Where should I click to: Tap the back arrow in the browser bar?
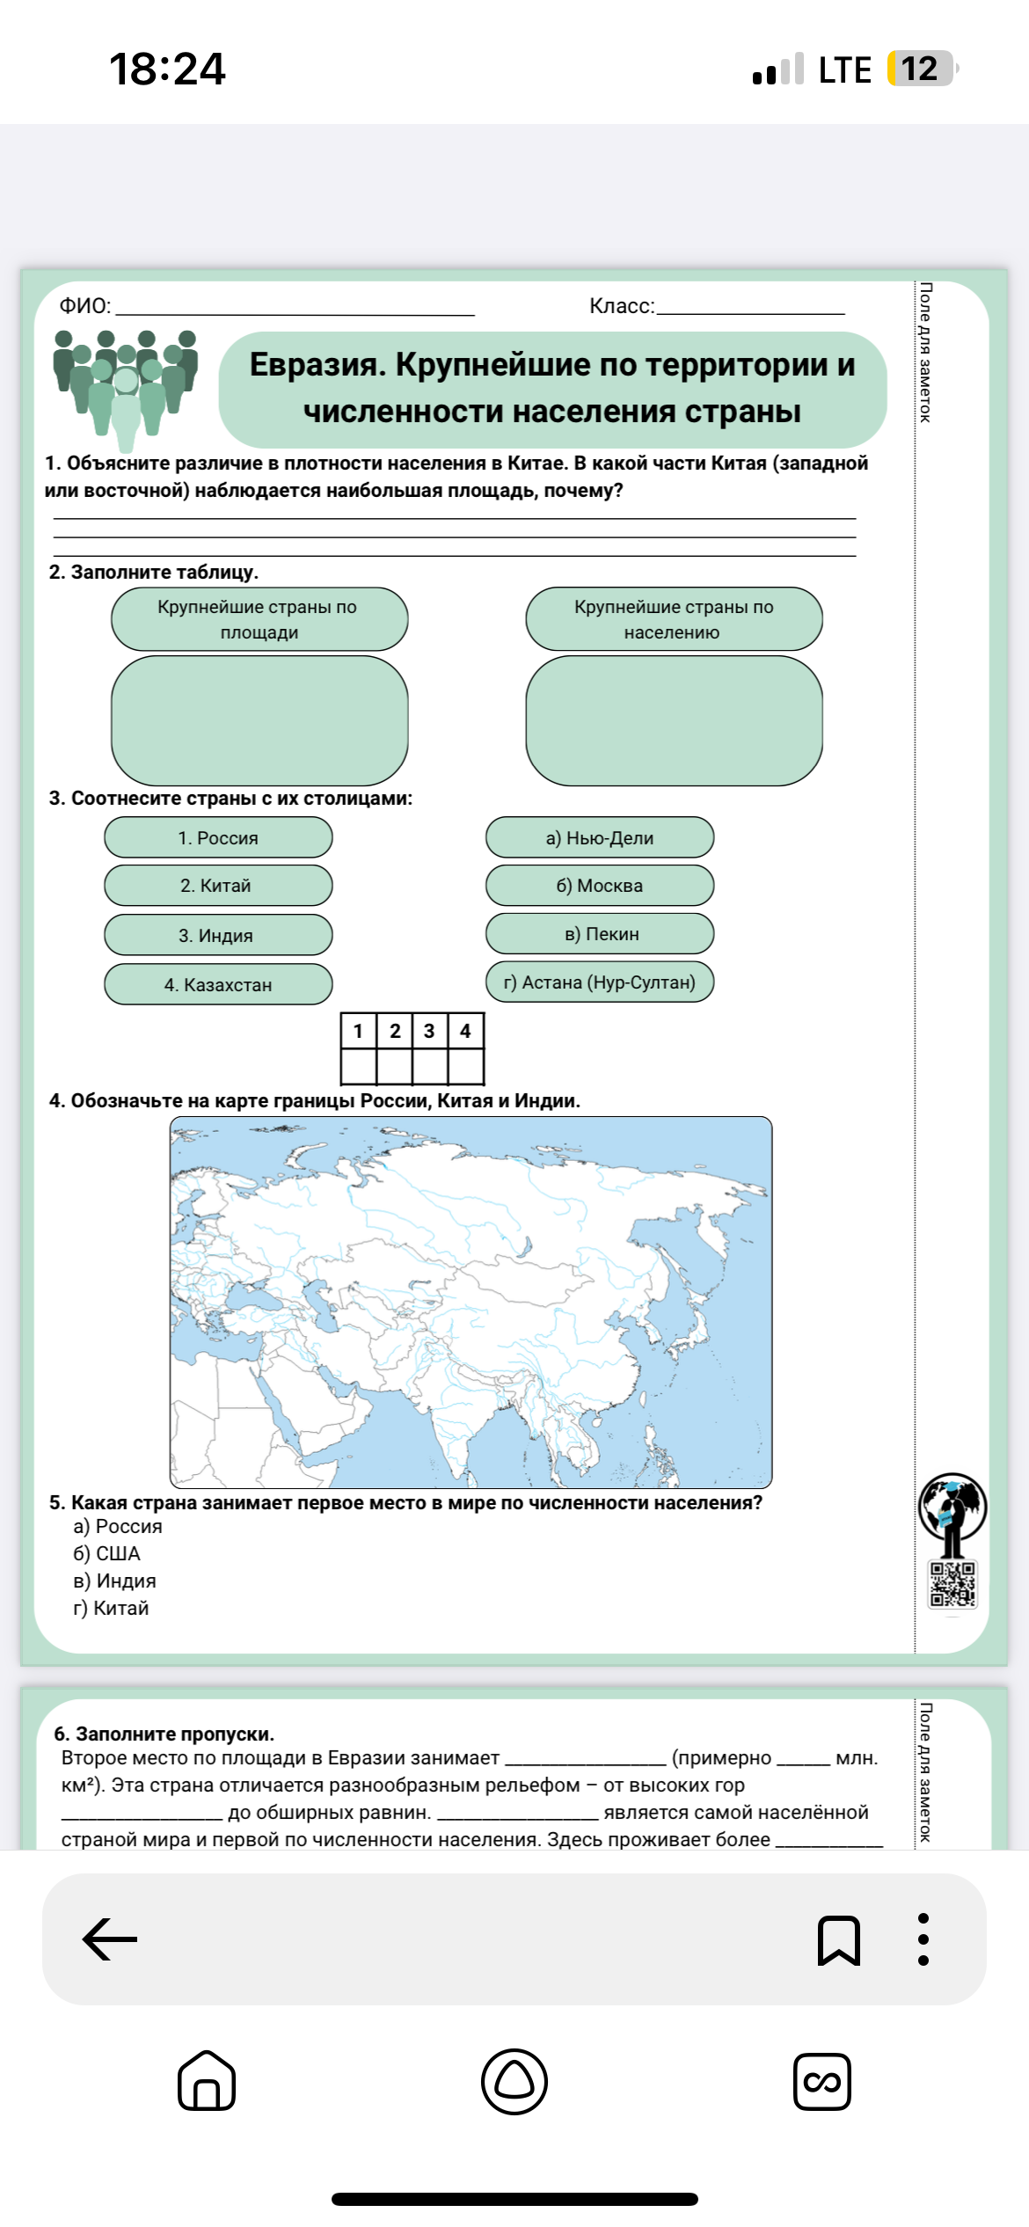point(110,1939)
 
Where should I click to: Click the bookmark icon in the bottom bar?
point(838,1939)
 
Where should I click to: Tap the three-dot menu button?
point(923,1939)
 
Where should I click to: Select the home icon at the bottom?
point(207,2081)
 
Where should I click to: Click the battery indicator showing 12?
point(920,69)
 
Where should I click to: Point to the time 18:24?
point(167,69)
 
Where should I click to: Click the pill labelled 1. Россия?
point(218,837)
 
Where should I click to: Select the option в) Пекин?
point(600,933)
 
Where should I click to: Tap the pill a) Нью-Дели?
point(600,837)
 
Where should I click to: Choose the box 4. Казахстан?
point(218,984)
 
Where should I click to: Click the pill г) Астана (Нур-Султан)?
point(600,982)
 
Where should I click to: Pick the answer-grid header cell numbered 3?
point(429,1031)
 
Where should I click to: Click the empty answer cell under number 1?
point(358,1066)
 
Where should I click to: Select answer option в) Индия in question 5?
point(114,1581)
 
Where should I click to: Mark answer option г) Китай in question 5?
point(111,1608)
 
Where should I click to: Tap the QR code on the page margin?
point(952,1584)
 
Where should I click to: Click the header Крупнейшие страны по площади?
point(259,619)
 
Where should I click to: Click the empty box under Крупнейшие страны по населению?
point(674,720)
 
